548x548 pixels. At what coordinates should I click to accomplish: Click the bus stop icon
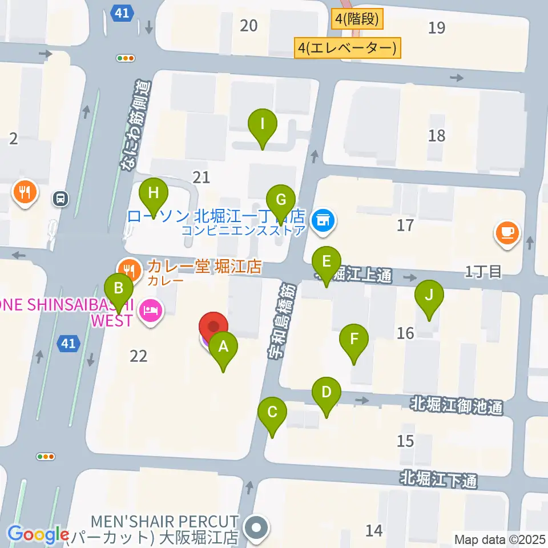pyautogui.click(x=60, y=198)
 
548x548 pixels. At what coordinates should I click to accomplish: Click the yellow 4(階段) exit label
pyautogui.click(x=357, y=19)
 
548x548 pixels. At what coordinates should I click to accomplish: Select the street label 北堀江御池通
pyautogui.click(x=456, y=407)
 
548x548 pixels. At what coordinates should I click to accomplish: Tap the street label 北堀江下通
pyautogui.click(x=438, y=478)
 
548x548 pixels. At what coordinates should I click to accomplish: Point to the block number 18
pyautogui.click(x=437, y=135)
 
